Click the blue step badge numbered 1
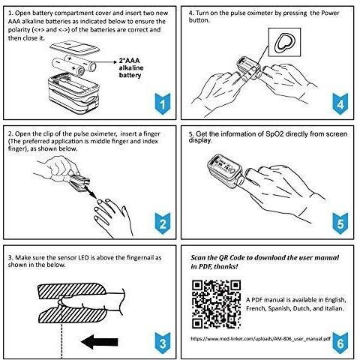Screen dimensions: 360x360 click(163, 103)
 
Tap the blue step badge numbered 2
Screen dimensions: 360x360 click(163, 223)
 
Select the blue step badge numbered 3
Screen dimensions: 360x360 click(163, 343)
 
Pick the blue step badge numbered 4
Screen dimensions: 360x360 click(340, 103)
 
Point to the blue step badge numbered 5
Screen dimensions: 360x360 click(340, 223)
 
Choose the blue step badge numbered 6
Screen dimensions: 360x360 click(340, 343)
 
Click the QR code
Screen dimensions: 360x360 click(216, 304)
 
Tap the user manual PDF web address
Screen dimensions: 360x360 click(260, 339)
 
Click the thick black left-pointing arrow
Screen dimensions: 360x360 click(100, 342)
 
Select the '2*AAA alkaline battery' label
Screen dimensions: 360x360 click(131, 67)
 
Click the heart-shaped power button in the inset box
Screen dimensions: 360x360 click(285, 43)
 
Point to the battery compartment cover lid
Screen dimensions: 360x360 click(74, 48)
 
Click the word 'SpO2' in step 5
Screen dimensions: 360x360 click(274, 134)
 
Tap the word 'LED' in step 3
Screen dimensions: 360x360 click(84, 257)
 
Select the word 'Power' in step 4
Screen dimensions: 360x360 click(330, 13)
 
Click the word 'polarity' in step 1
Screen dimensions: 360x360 click(19, 30)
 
